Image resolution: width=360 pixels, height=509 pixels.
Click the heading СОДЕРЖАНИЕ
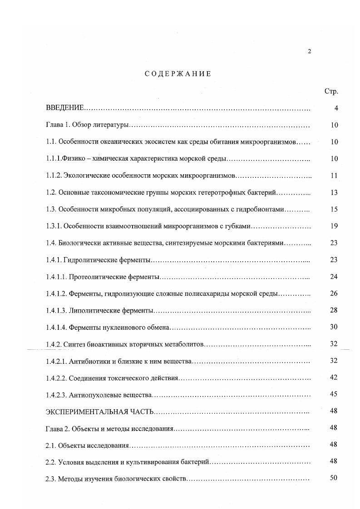tap(178, 74)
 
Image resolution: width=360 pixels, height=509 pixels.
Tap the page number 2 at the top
tap(310, 51)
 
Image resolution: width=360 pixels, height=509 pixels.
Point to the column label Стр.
tap(331, 91)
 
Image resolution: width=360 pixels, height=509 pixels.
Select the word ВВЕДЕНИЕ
tap(65, 108)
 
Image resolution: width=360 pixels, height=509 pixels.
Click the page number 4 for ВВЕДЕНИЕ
tap(336, 108)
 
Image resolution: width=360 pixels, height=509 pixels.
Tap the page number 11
tap(334, 176)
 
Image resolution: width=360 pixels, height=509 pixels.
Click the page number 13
tap(334, 192)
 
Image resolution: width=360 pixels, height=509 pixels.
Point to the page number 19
tap(334, 226)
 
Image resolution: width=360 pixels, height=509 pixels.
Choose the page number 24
tap(334, 276)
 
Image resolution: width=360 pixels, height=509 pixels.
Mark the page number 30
tap(334, 327)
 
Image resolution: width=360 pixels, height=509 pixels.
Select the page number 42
tap(334, 377)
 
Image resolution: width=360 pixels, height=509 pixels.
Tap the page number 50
tap(334, 478)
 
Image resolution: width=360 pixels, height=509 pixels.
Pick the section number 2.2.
tap(50, 462)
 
